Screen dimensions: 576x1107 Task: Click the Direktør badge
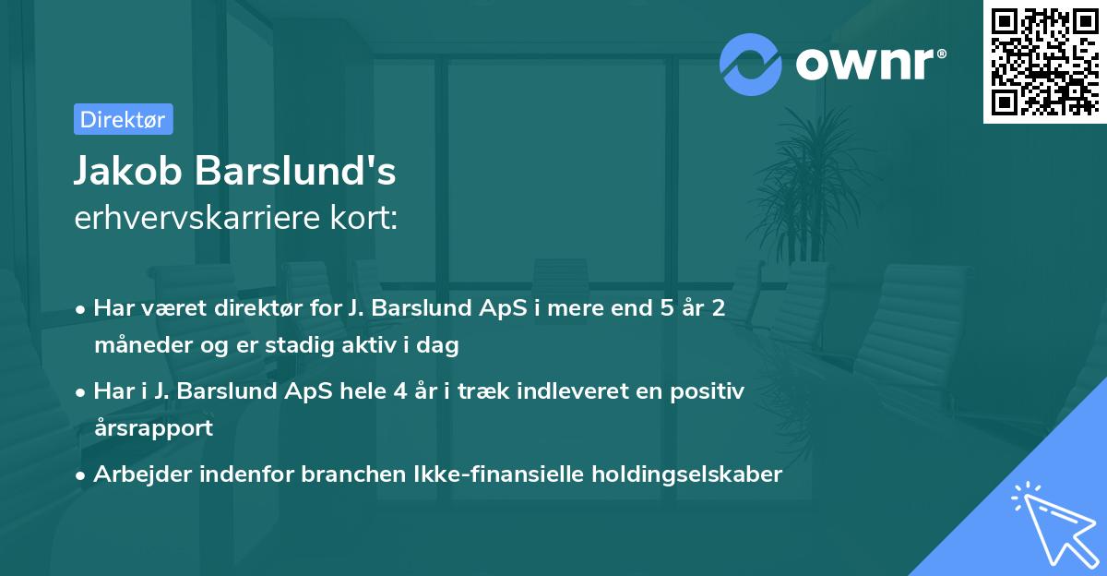pos(123,119)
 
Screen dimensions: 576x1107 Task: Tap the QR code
pos(1044,62)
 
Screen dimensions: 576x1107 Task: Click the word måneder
pos(137,346)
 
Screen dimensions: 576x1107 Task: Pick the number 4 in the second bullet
pos(399,390)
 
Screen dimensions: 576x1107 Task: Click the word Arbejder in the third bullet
pos(137,474)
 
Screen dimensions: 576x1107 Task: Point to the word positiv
pos(710,390)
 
